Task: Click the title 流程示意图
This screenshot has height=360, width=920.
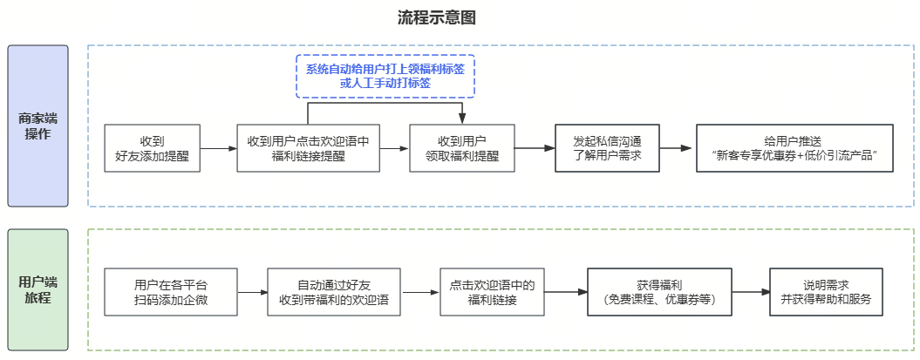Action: point(436,17)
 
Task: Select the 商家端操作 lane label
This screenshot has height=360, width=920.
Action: point(37,126)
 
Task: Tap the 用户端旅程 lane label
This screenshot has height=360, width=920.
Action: point(37,290)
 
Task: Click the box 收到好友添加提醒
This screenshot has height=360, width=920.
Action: point(152,148)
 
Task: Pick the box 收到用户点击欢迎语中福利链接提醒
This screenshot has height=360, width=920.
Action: point(308,148)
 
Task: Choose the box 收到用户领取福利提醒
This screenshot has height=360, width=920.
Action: point(462,148)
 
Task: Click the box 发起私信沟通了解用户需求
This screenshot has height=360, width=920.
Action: point(607,148)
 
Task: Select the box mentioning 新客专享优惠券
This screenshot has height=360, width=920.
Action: point(794,148)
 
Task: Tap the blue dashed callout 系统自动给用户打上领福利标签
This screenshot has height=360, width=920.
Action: point(385,77)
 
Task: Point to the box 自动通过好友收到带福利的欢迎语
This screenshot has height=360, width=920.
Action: point(333,292)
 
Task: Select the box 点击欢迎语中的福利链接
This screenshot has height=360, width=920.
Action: point(493,292)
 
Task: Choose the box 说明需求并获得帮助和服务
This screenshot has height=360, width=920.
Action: point(827,292)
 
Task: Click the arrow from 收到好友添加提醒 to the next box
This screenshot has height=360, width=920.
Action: point(219,149)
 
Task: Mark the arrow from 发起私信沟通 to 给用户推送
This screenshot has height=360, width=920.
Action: point(677,149)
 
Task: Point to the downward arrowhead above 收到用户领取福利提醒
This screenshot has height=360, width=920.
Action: point(462,119)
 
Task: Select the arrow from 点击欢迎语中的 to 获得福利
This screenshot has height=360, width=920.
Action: point(567,292)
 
